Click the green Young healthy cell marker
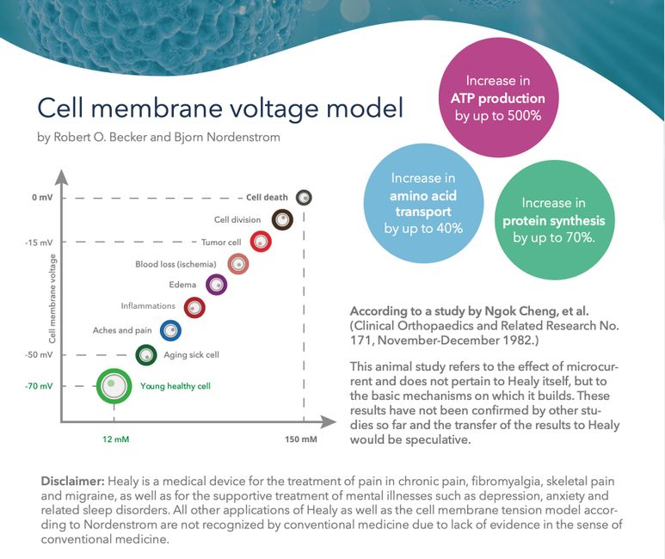tap(114, 386)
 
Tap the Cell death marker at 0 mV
tap(304, 197)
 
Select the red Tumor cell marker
tap(261, 242)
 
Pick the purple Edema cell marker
tap(216, 285)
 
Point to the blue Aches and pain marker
tap(170, 330)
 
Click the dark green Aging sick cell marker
tap(146, 355)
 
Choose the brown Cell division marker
tap(282, 219)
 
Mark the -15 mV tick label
tap(39, 243)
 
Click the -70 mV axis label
tap(39, 386)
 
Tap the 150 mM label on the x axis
tap(301, 439)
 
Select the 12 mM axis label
tap(116, 439)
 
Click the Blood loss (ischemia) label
tap(175, 264)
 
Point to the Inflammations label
tap(148, 306)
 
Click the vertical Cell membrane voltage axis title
tap(52, 298)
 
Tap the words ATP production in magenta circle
tap(498, 98)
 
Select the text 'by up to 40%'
tap(423, 228)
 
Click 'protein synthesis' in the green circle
tap(554, 220)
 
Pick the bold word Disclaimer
tap(72, 482)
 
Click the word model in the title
tap(365, 107)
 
